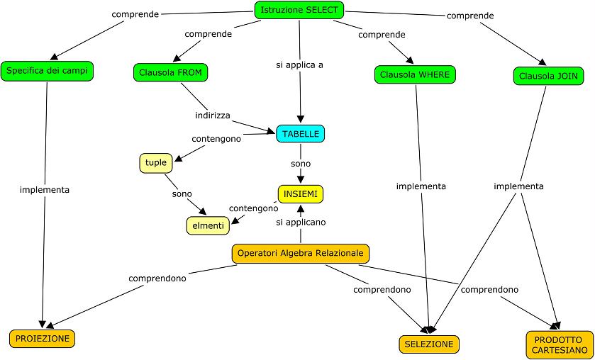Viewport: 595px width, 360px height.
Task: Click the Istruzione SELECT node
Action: pyautogui.click(x=300, y=10)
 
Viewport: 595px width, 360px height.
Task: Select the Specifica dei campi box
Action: pyautogui.click(x=48, y=71)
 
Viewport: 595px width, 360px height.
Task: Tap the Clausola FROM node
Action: pyautogui.click(x=170, y=72)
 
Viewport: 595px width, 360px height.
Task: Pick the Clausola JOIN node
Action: pyautogui.click(x=548, y=76)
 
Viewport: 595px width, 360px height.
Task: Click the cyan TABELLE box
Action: pyautogui.click(x=301, y=133)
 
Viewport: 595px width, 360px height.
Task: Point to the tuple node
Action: pyautogui.click(x=156, y=163)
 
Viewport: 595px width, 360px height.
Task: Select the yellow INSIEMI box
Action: pyautogui.click(x=301, y=193)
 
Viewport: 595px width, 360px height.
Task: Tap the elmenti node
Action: pyautogui.click(x=207, y=226)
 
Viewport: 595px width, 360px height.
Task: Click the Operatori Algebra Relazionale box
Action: pyautogui.click(x=301, y=253)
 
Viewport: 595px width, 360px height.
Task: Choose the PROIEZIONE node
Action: pyautogui.click(x=42, y=339)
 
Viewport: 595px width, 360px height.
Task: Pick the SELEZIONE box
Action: pyautogui.click(x=429, y=344)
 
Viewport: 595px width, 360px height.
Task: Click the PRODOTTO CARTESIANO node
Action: pyautogui.click(x=560, y=344)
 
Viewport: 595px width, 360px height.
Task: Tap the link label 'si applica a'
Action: pyautogui.click(x=299, y=65)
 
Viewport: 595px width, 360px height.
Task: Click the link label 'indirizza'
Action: pyautogui.click(x=213, y=115)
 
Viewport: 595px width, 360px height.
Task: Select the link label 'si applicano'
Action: pyautogui.click(x=301, y=222)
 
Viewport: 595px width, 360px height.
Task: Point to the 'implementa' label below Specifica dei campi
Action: pyautogui.click(x=45, y=190)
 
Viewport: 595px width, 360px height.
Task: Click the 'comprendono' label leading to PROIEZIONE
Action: pyautogui.click(x=157, y=279)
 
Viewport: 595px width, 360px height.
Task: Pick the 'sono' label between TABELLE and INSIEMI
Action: pyautogui.click(x=301, y=163)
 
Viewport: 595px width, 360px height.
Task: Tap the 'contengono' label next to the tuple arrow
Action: pyautogui.click(x=216, y=139)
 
